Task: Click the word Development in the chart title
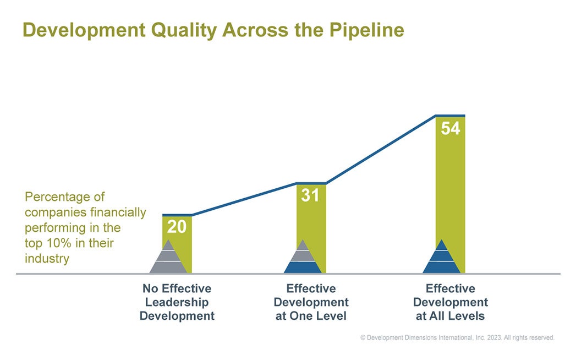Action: click(76, 30)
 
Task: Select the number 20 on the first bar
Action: click(177, 227)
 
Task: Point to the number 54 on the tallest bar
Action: click(450, 128)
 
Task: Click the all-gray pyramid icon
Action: click(168, 258)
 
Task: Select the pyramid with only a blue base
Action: click(302, 258)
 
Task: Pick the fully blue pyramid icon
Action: click(441, 258)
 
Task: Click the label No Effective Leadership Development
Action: click(177, 302)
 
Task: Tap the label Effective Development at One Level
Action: click(311, 302)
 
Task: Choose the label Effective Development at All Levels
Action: click(450, 302)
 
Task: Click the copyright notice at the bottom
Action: click(457, 337)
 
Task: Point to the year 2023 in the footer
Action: click(492, 337)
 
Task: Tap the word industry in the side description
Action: click(47, 258)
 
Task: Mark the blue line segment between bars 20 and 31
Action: click(245, 199)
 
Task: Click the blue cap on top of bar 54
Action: click(450, 116)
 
